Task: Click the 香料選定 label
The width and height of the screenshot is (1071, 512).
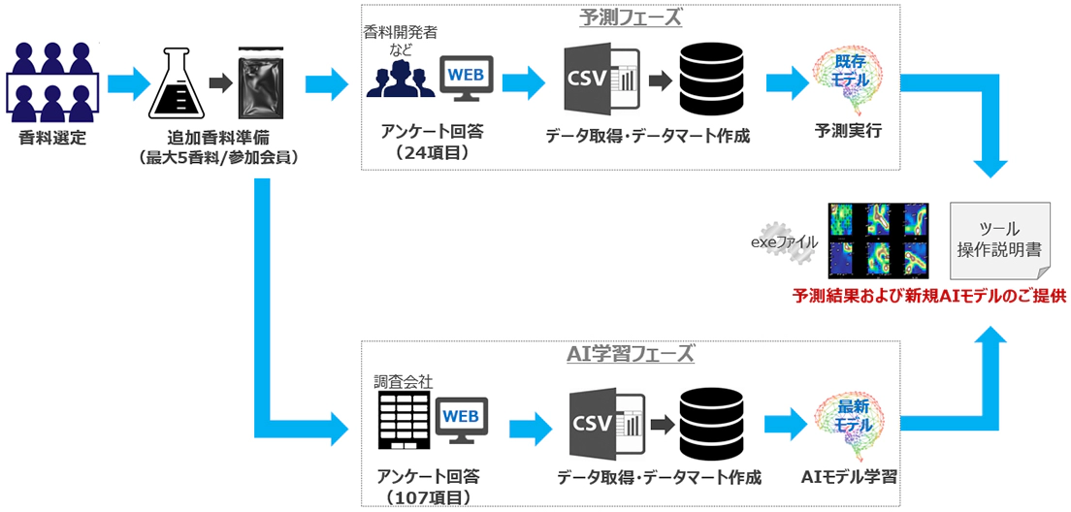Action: tap(52, 138)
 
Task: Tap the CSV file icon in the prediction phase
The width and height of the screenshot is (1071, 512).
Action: tap(600, 80)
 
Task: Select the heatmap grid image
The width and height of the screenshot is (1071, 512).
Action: tap(878, 240)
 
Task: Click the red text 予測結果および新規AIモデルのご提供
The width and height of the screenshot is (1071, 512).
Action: tap(928, 296)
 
